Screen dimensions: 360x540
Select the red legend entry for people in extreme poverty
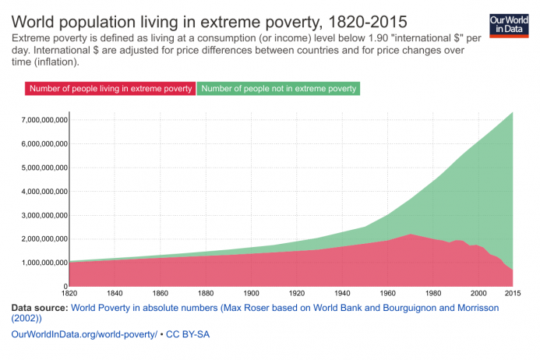pos(111,89)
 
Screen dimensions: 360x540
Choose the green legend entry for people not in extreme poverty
pos(278,89)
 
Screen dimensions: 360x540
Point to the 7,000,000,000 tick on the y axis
pos(37,120)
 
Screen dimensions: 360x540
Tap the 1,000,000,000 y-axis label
pos(37,263)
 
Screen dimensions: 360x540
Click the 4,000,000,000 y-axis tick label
pos(37,191)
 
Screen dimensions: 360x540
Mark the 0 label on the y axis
pos(64,286)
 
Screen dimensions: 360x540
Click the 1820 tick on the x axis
pos(69,294)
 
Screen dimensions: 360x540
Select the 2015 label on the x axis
pos(511,294)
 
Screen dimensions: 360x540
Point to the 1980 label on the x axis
pos(432,294)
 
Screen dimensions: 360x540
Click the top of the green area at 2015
pos(511,113)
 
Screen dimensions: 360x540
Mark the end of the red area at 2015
pos(511,270)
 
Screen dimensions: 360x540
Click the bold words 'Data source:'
pos(39,308)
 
